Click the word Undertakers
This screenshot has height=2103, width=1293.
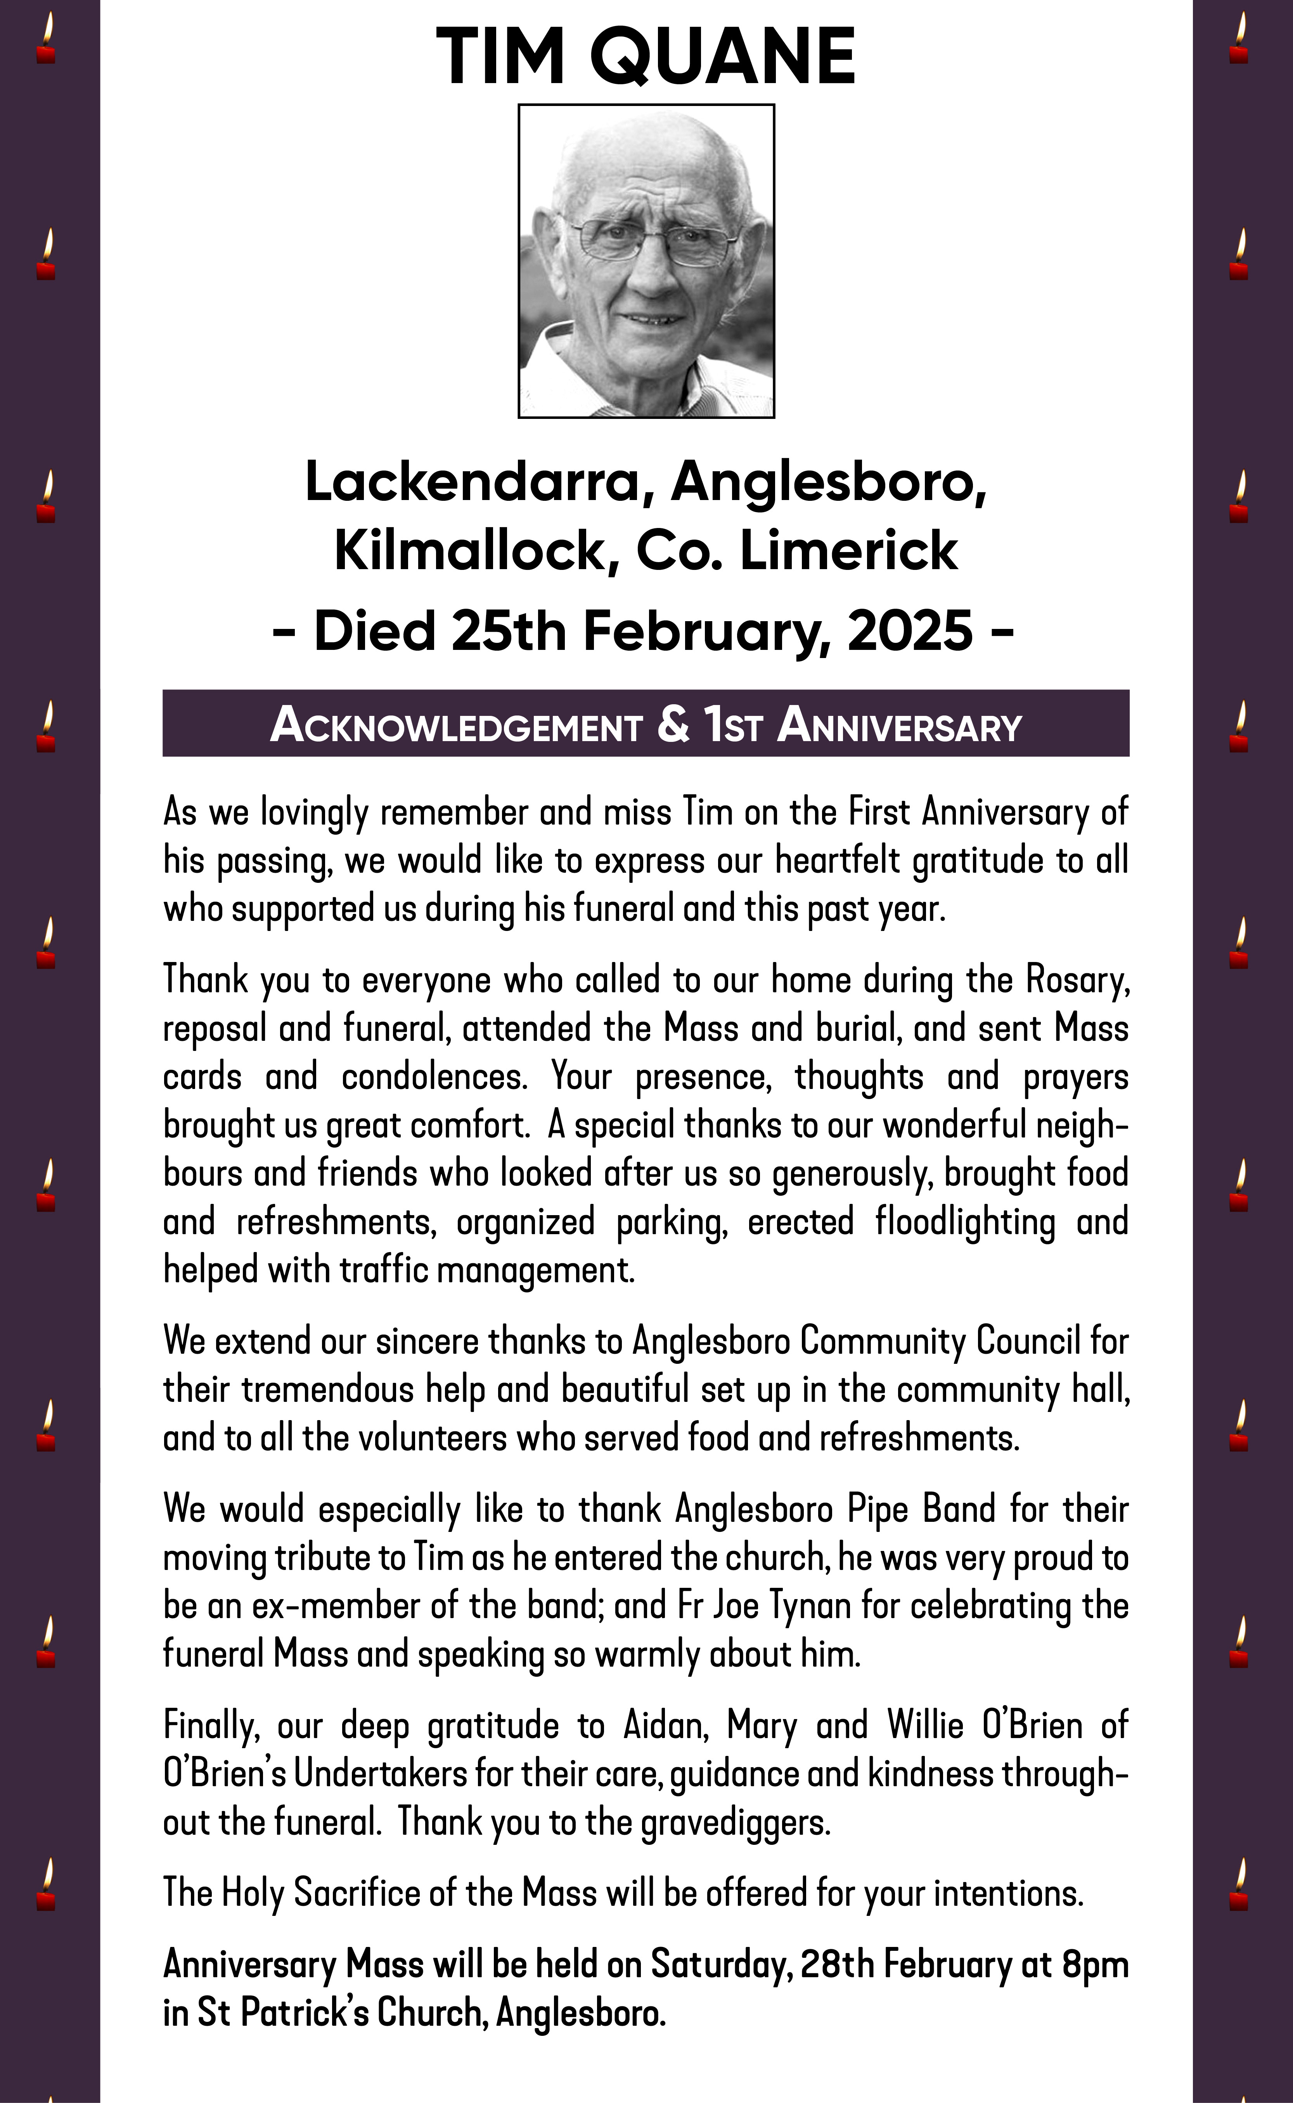click(x=381, y=1774)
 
